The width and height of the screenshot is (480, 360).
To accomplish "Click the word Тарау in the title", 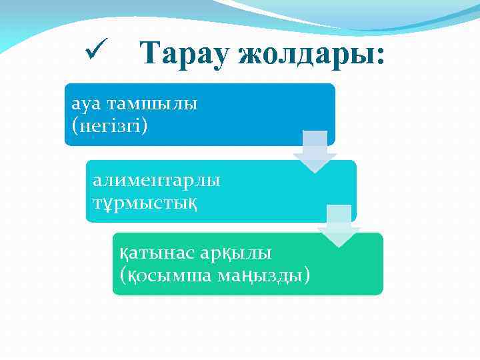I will [185, 52].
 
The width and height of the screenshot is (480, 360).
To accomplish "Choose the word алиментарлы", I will [157, 180].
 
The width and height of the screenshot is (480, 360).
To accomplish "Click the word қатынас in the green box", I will [157, 253].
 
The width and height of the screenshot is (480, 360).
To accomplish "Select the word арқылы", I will [236, 253].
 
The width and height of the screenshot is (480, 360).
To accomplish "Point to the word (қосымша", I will [165, 273].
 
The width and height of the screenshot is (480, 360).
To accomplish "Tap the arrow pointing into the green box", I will [339, 227].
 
